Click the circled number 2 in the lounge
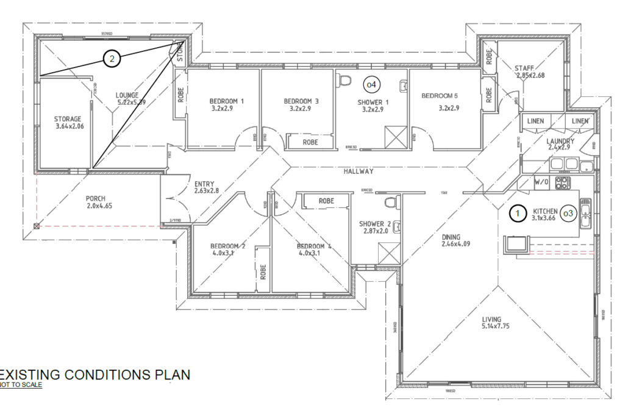pyautogui.click(x=111, y=59)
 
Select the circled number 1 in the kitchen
pyautogui.click(x=518, y=213)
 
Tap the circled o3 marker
pyautogui.click(x=568, y=213)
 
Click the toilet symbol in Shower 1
pyautogui.click(x=344, y=80)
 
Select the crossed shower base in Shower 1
pyautogui.click(x=395, y=137)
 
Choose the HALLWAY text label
pyautogui.click(x=359, y=171)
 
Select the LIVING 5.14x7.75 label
pyautogui.click(x=491, y=323)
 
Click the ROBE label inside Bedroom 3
pyautogui.click(x=310, y=142)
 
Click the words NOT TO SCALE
pyautogui.click(x=21, y=385)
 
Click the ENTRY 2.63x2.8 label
pyautogui.click(x=206, y=187)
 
